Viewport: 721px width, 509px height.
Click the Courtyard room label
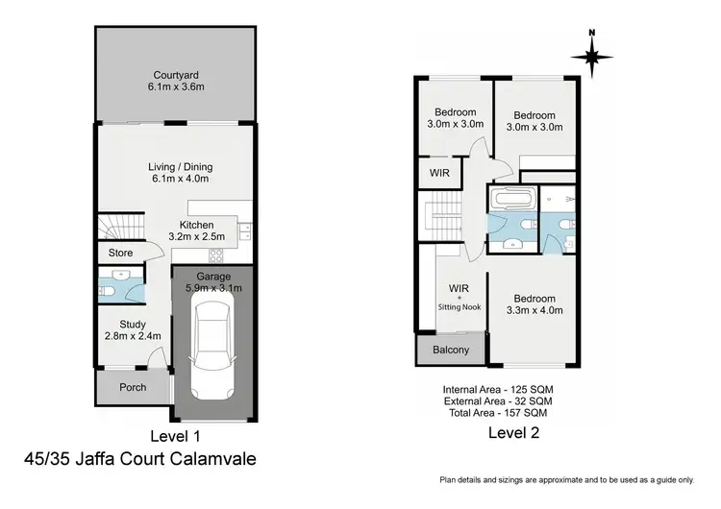pos(177,75)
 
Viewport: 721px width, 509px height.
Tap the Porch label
pos(133,388)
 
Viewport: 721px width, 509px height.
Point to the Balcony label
pos(450,351)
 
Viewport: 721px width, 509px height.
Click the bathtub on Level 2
pos(510,202)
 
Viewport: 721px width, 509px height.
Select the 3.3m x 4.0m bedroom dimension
pos(534,310)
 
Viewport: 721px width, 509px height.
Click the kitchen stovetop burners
pos(216,255)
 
